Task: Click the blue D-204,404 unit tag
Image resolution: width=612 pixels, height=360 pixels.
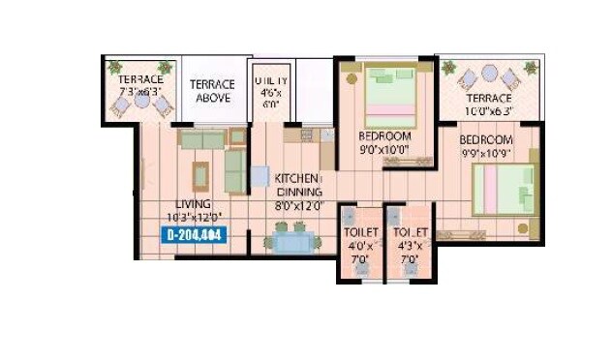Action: click(x=195, y=234)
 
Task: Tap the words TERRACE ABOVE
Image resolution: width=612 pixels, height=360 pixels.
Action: click(x=212, y=91)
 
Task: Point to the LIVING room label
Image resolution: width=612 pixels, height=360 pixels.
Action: click(x=193, y=204)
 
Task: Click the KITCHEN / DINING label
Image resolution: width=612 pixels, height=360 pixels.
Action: click(x=297, y=186)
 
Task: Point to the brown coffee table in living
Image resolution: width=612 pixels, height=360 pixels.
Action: click(x=200, y=175)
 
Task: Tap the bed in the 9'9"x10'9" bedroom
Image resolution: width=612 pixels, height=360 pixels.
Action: click(x=505, y=188)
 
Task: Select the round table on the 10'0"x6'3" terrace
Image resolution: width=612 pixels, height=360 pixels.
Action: click(x=489, y=73)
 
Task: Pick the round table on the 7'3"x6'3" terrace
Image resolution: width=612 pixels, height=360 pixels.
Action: click(x=142, y=100)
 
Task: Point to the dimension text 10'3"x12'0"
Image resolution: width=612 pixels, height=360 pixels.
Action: click(x=194, y=217)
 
